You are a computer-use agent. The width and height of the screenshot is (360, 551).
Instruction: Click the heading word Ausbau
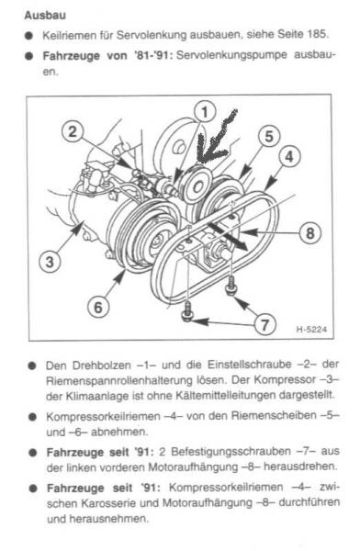click(x=45, y=16)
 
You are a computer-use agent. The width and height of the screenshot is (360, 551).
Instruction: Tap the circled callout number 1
click(x=205, y=112)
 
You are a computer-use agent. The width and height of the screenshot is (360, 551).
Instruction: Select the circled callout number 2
click(x=73, y=131)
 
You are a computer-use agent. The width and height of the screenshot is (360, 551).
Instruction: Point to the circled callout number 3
click(x=50, y=262)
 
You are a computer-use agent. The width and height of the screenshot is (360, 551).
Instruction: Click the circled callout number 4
click(x=289, y=157)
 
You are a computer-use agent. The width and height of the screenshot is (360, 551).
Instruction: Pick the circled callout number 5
click(x=269, y=137)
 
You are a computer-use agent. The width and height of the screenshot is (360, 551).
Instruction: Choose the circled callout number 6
click(x=98, y=307)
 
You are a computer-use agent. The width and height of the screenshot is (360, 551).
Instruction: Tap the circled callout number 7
click(x=264, y=323)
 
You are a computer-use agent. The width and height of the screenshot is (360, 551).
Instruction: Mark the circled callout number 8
click(x=309, y=233)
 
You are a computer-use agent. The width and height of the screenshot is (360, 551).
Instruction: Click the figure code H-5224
click(x=311, y=330)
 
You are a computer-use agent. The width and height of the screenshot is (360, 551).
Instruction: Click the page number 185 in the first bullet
click(x=318, y=35)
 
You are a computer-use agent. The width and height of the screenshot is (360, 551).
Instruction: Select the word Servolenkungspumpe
click(x=231, y=55)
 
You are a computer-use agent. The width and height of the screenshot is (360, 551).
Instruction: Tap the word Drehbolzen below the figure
click(x=101, y=365)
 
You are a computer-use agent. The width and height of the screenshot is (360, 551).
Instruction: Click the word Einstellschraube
click(x=249, y=365)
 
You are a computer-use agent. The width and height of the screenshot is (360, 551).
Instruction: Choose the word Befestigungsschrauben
click(x=231, y=451)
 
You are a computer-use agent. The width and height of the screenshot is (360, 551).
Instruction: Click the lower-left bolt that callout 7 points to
click(x=187, y=311)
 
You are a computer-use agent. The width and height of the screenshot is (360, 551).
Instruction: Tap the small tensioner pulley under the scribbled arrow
click(x=197, y=186)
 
